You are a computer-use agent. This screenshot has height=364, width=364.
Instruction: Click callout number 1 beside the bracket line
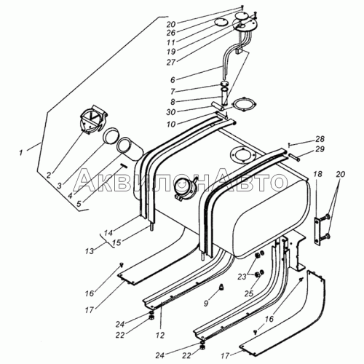[x=21, y=153]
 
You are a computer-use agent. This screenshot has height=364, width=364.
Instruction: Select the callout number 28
[x=320, y=139]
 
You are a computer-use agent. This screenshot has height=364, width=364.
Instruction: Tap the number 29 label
[x=320, y=149]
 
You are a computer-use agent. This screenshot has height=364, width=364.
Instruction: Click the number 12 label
[x=160, y=336]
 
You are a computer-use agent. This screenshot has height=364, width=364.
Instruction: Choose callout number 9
[x=206, y=303]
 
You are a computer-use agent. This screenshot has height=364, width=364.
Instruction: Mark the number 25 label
[x=249, y=293]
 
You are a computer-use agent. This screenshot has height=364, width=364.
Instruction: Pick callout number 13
[x=90, y=251]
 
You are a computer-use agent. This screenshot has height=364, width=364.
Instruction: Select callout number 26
[x=171, y=32]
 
